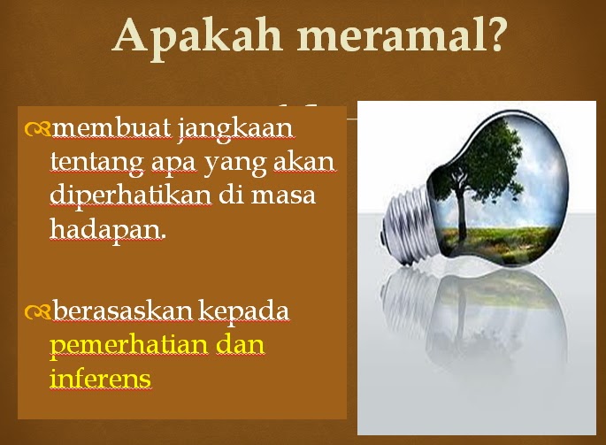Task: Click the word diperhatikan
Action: point(131,196)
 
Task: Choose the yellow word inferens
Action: point(101,378)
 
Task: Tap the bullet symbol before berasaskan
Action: point(37,313)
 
